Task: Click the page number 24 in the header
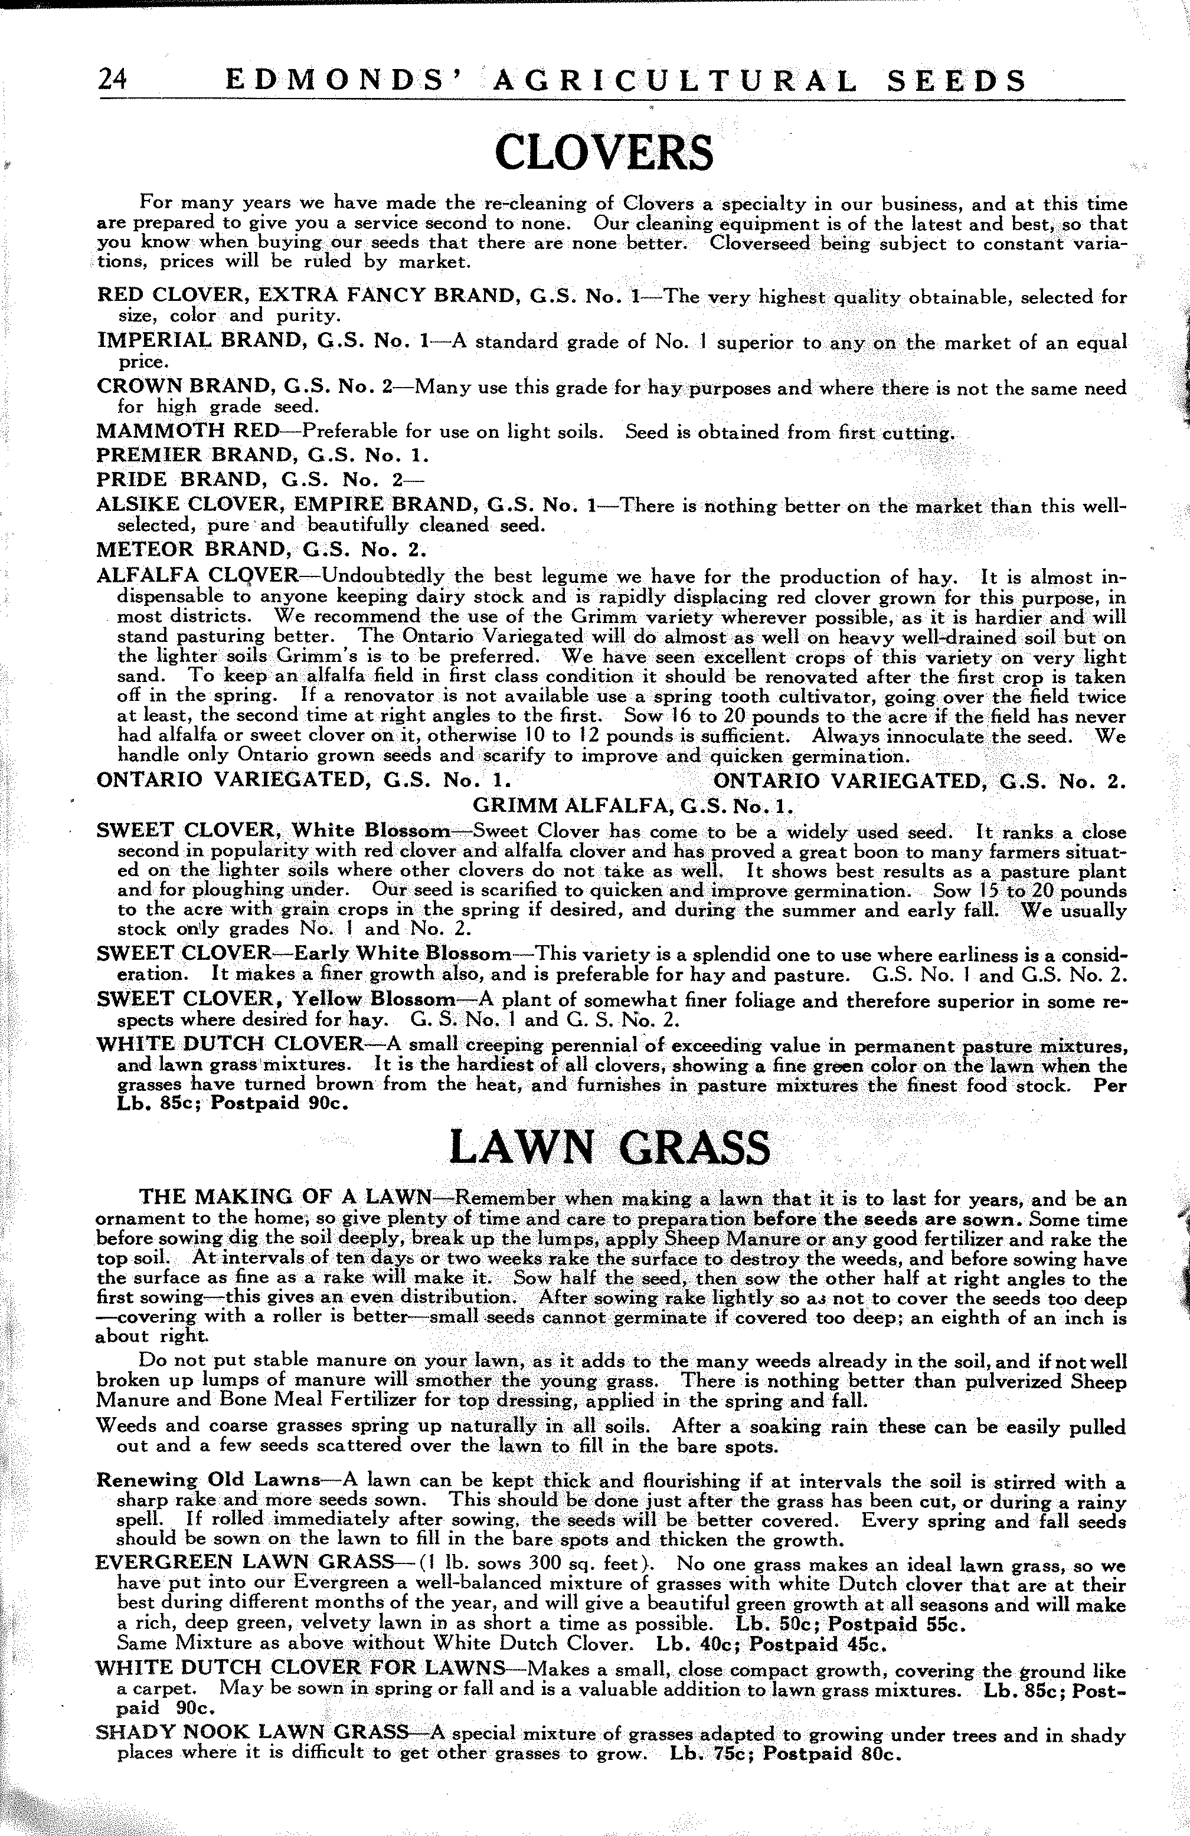(113, 81)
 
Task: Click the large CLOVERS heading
(603, 153)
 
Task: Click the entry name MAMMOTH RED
(188, 432)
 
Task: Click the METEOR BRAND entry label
(261, 550)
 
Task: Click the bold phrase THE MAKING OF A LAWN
(285, 1199)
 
